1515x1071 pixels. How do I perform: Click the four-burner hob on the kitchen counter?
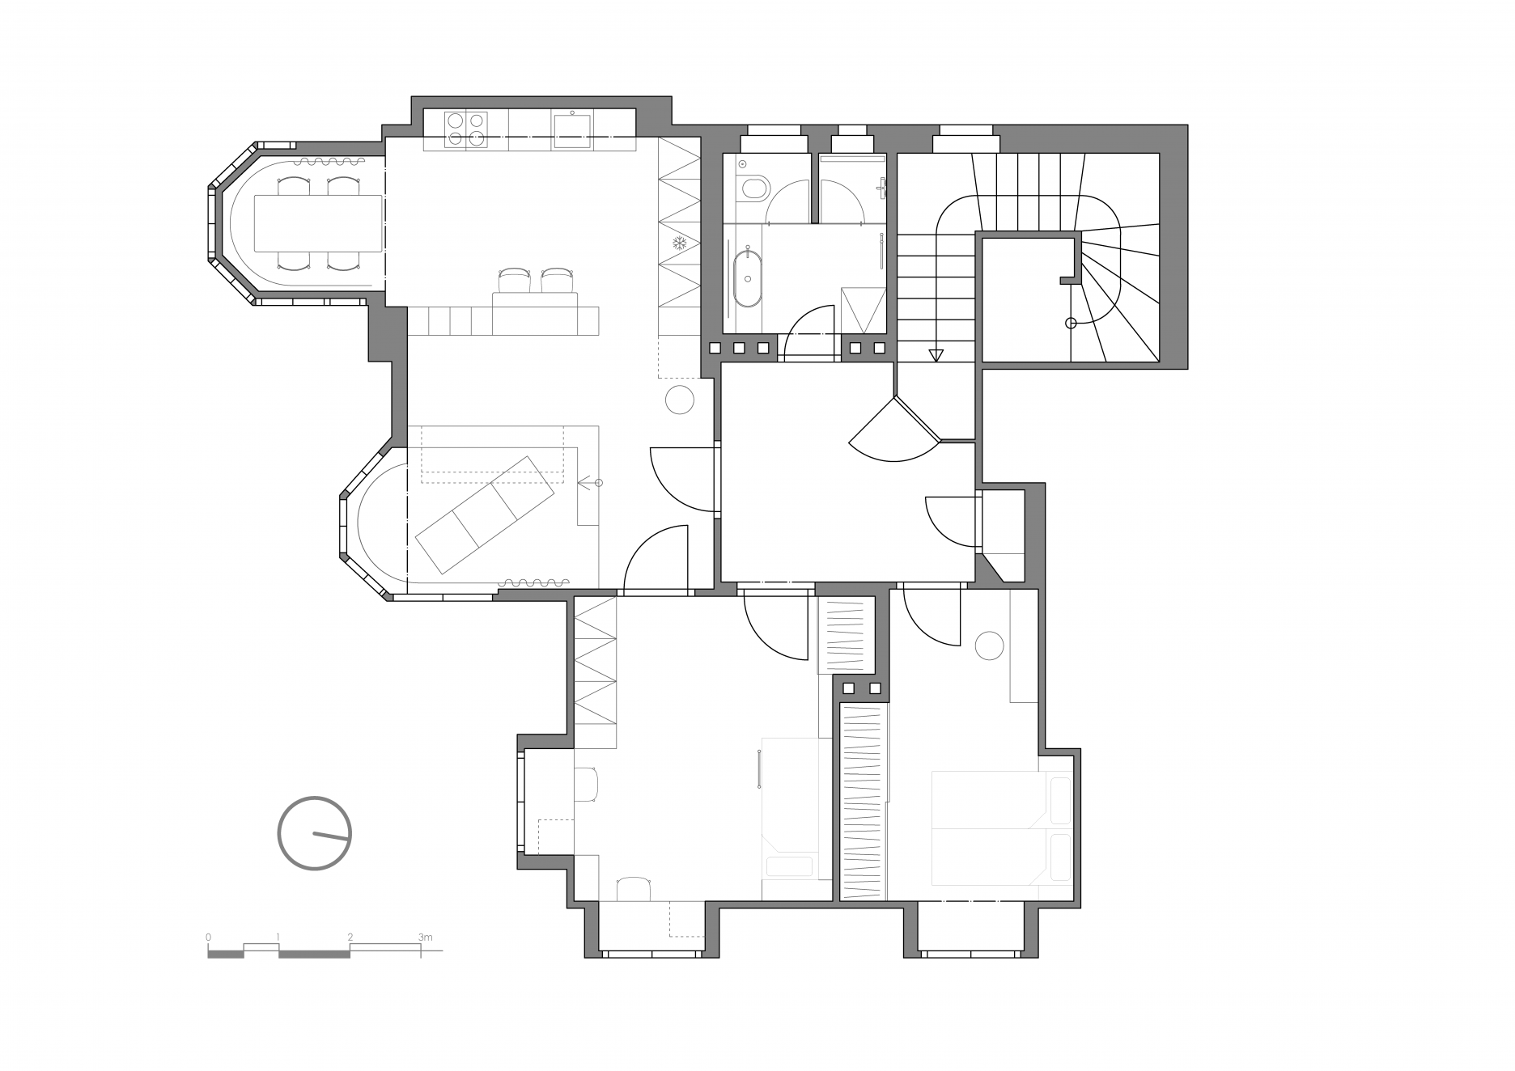[466, 129]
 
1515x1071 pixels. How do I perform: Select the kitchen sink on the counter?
[572, 129]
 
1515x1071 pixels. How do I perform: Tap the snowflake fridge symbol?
[678, 243]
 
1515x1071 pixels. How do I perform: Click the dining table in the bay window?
[318, 222]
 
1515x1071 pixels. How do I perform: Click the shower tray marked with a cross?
[863, 310]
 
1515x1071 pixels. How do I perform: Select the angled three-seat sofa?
[484, 514]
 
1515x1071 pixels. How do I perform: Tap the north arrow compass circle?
[315, 833]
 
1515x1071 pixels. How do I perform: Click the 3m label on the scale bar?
[426, 937]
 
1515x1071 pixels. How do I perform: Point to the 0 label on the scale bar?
[209, 937]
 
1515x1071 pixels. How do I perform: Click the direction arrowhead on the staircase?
[936, 354]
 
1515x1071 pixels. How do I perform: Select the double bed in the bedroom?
[1002, 828]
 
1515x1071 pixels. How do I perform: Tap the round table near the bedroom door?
[989, 646]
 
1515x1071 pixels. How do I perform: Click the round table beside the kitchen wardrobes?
[680, 400]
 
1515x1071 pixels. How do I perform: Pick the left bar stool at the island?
[514, 280]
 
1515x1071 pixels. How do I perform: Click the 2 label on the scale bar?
[350, 937]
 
